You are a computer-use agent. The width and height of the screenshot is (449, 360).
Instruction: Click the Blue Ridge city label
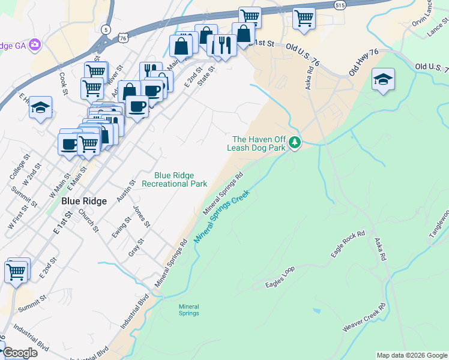84,202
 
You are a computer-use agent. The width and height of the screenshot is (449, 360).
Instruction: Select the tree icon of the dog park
294,143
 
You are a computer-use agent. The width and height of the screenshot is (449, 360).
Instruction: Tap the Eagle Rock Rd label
348,245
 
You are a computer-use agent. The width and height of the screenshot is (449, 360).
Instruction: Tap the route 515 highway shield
340,5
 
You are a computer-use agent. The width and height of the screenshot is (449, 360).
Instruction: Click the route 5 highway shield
106,29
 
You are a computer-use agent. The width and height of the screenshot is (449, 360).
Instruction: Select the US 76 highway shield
123,37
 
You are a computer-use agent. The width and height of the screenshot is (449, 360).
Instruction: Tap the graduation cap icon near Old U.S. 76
382,79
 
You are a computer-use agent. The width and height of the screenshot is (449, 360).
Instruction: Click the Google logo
19,353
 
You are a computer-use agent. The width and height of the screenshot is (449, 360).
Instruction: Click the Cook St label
63,84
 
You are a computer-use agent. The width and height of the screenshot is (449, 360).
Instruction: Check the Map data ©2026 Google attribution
411,355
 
